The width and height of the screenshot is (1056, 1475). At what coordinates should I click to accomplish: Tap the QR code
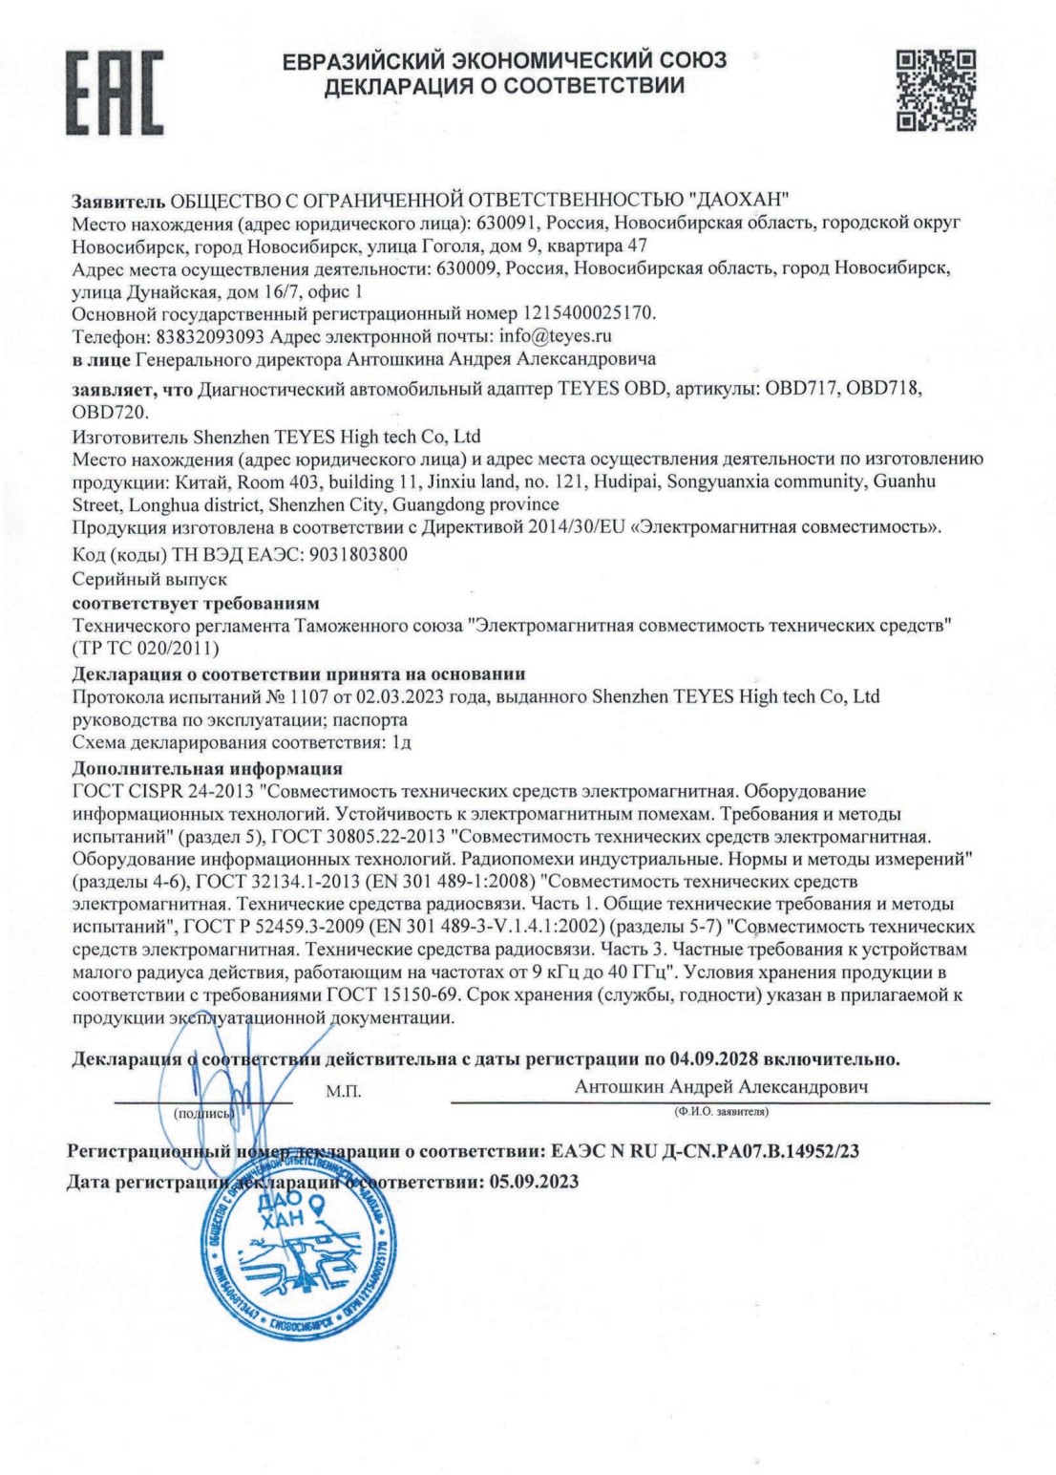coord(936,91)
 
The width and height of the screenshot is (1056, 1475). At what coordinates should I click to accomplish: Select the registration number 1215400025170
coord(588,313)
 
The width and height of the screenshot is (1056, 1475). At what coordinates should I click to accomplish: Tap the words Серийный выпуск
coord(150,579)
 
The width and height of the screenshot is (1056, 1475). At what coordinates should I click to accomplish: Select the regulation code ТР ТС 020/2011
coord(146,649)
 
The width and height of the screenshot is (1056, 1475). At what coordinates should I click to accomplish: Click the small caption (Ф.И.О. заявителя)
coord(721,1112)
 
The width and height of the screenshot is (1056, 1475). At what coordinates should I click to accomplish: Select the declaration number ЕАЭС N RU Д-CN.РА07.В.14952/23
coord(705,1151)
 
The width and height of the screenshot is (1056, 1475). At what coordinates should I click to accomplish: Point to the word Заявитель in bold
coord(118,201)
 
